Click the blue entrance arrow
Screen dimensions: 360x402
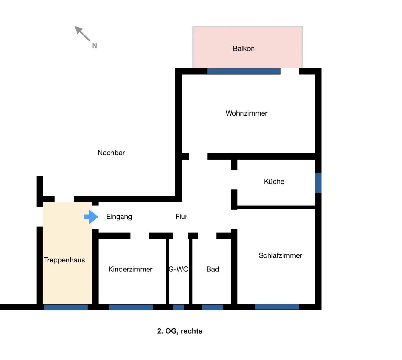91,217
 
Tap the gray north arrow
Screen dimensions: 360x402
82,34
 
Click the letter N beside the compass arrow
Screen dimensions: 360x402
95,46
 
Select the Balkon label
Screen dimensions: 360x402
244,49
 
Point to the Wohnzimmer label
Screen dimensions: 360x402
247,113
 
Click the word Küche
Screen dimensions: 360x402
274,182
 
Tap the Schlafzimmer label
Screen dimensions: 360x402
280,256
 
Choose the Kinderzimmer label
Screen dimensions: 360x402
130,269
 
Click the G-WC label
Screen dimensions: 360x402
178,269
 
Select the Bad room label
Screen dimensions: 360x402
213,269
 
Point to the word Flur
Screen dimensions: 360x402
181,217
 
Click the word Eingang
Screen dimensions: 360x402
119,217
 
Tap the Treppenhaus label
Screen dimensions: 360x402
64,260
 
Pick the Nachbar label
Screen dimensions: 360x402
111,153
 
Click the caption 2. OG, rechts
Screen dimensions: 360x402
180,331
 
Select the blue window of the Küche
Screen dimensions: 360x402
318,183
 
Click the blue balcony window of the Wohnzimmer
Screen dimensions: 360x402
244,71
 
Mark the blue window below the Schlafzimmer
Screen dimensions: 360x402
277,307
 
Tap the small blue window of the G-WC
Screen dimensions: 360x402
178,307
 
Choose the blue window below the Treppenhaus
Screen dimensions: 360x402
66,307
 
